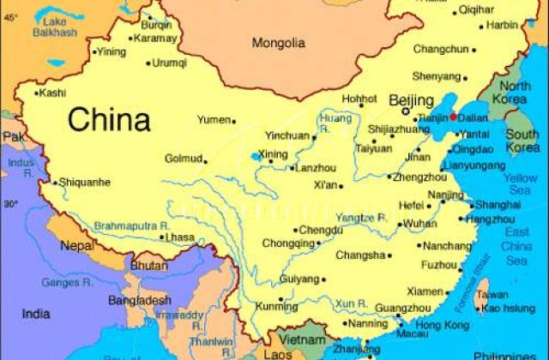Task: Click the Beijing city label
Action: [412, 101]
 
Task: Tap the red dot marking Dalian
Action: [453, 117]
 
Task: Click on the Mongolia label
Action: [279, 43]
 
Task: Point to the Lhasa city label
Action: [179, 237]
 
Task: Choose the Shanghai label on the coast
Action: [498, 205]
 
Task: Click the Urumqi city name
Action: [169, 63]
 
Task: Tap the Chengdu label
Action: [321, 230]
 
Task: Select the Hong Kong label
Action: [441, 327]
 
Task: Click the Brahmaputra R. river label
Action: [131, 225]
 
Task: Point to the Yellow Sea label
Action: [520, 183]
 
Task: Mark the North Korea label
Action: [516, 93]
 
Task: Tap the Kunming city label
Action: [276, 306]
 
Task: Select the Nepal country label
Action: [77, 246]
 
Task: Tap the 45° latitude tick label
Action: [10, 16]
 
